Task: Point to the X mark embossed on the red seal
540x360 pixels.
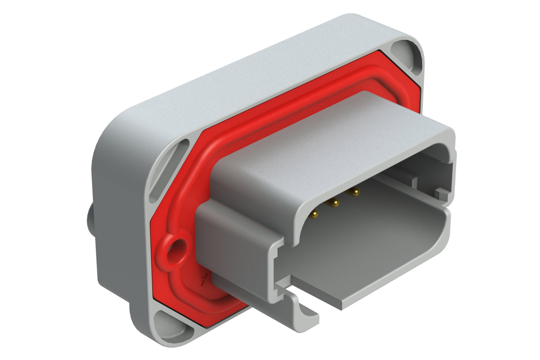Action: [x=204, y=280]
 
